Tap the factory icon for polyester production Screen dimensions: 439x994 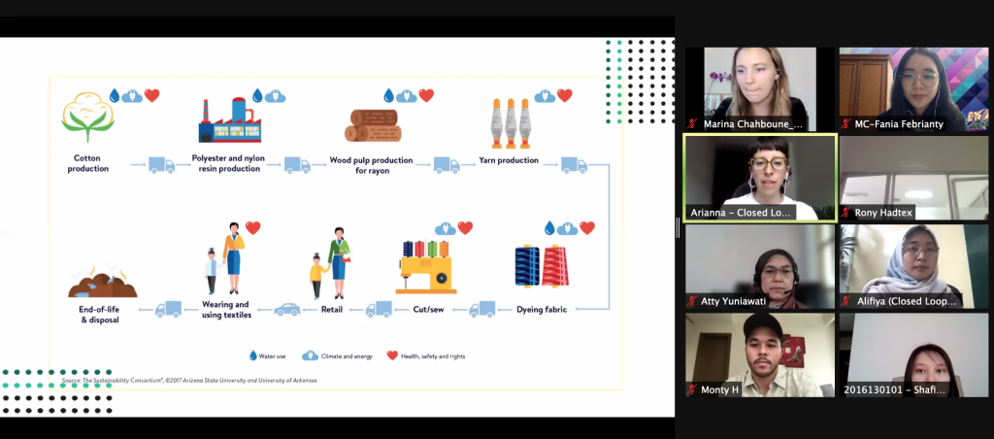pos(228,120)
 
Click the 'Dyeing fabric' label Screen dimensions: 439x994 pos(541,309)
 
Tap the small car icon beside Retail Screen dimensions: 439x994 pos(286,310)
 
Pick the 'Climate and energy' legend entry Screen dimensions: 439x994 pos(339,356)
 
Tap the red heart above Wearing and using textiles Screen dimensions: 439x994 pos(253,228)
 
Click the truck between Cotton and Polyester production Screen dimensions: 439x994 pos(162,165)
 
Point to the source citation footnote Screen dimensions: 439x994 pos(188,380)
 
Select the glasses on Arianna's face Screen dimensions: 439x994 pos(768,164)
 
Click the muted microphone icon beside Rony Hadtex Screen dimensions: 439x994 pos(846,213)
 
